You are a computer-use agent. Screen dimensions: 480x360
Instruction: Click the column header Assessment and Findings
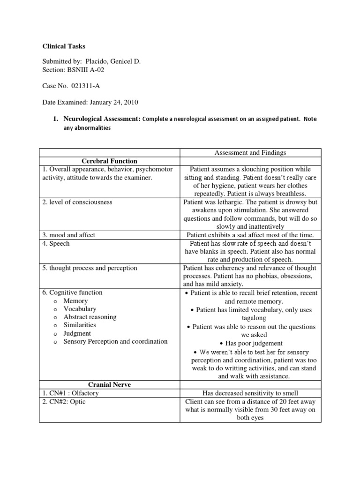251,152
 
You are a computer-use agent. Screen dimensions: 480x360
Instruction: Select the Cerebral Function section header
109,161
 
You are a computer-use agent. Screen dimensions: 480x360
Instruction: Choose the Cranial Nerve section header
109,384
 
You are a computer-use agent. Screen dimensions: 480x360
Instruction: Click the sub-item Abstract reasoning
90,317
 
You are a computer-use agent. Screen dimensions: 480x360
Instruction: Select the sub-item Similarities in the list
80,325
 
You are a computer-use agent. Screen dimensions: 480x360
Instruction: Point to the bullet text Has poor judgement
254,343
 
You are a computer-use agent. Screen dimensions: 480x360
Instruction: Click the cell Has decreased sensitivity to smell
251,393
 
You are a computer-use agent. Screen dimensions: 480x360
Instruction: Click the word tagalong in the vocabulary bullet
251,318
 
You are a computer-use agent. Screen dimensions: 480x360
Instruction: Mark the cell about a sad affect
251,235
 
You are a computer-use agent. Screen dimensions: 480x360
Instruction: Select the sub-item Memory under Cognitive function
75,301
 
